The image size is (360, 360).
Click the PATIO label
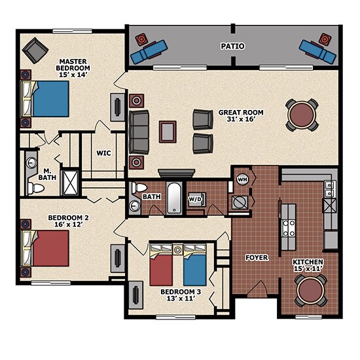point(232,46)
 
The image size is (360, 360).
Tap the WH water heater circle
point(242,179)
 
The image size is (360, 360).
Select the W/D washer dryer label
point(194,199)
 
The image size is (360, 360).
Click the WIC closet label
point(103,153)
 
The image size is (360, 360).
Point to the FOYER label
point(257,258)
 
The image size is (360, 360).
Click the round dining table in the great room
point(302,115)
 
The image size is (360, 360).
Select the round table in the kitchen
point(310,291)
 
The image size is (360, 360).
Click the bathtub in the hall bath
point(175,198)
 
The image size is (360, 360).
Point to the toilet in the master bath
point(35,189)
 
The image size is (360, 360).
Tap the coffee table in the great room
point(168,132)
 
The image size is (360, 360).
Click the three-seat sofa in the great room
point(139,132)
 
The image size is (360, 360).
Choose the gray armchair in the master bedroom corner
point(35,50)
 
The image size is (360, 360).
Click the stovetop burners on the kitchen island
point(289,228)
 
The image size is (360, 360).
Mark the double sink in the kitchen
point(330,189)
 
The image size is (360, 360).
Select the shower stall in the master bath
point(71,183)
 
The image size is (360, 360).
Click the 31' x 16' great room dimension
point(241,119)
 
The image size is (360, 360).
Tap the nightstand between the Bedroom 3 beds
point(177,249)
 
